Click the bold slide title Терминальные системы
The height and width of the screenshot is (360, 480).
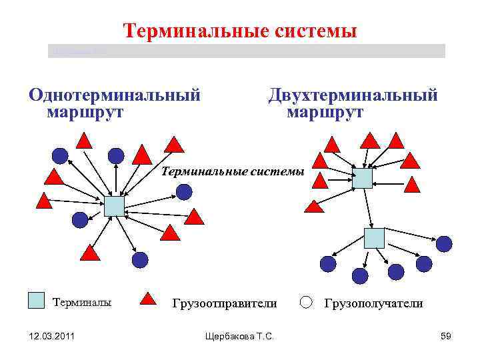(x=240, y=31)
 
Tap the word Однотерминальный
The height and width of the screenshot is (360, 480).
(x=114, y=95)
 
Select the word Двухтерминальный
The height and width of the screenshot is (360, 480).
(x=353, y=95)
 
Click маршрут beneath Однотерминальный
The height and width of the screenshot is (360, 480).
(x=85, y=111)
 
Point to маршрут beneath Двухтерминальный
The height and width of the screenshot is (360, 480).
(x=325, y=111)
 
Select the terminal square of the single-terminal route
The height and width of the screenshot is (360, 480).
(x=114, y=206)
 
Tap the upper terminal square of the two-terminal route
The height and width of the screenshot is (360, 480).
(x=363, y=178)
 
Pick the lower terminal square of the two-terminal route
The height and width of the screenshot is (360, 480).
(x=374, y=238)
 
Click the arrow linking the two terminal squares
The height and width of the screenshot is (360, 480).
(x=368, y=208)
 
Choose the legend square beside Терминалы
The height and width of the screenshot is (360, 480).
(x=36, y=301)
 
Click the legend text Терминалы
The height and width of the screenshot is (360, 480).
(x=82, y=303)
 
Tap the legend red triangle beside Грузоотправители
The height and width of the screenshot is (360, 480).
(x=151, y=301)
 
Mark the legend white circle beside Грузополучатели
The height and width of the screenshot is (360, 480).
(x=306, y=302)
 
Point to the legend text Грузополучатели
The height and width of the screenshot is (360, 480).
(x=373, y=304)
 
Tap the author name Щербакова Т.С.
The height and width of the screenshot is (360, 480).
(x=241, y=337)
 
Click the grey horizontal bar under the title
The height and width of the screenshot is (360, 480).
(x=247, y=51)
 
